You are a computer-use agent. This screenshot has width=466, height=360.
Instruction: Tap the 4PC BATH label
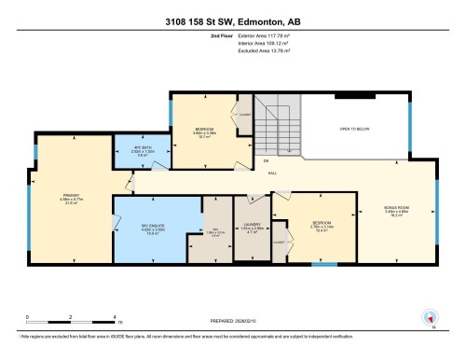pyautogui.click(x=130, y=150)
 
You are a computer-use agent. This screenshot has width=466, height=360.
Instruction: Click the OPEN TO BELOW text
pyautogui.click(x=356, y=131)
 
